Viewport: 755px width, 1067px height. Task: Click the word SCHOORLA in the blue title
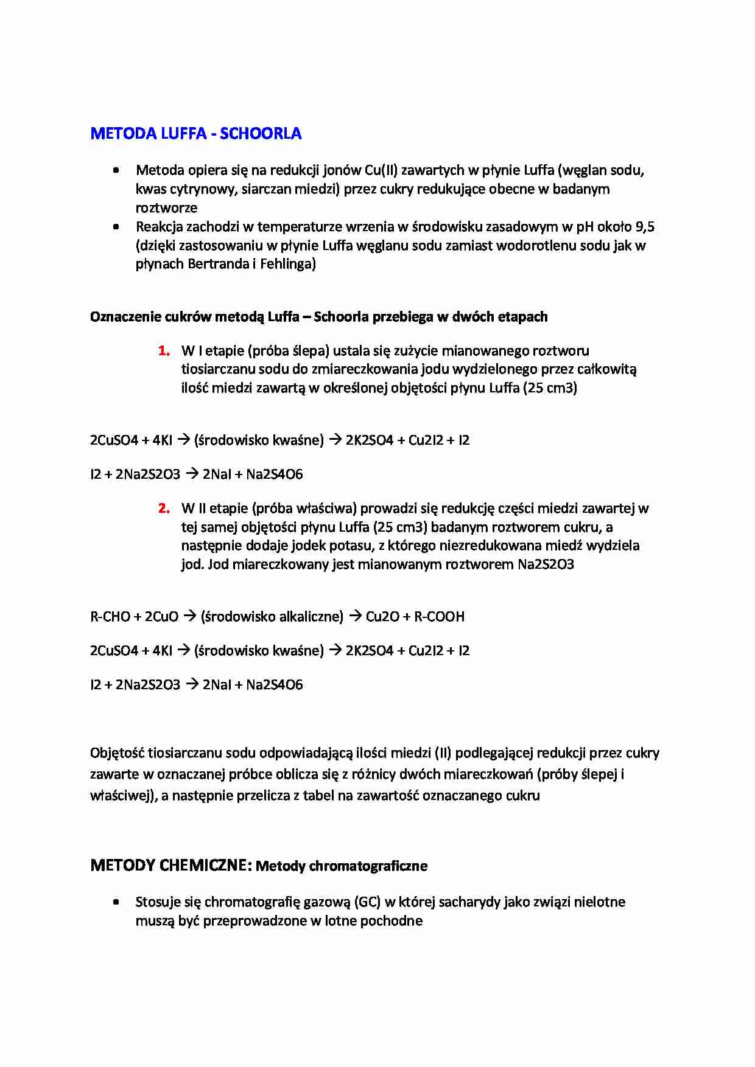[x=261, y=134]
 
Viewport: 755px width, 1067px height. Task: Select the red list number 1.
[x=163, y=351]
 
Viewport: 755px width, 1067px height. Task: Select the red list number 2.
[x=163, y=509]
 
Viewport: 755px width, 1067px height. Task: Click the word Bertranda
[x=217, y=265]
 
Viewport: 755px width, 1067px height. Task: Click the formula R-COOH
[x=439, y=617]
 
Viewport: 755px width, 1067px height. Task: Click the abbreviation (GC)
[x=369, y=902]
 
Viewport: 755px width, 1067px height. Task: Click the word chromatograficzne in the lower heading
[x=371, y=866]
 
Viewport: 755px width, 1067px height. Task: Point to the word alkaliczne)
[x=311, y=617]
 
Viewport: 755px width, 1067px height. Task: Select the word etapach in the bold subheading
[x=522, y=317]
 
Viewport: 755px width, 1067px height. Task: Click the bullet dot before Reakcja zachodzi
[x=116, y=227]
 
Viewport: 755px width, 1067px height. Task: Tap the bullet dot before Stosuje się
[x=116, y=902]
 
